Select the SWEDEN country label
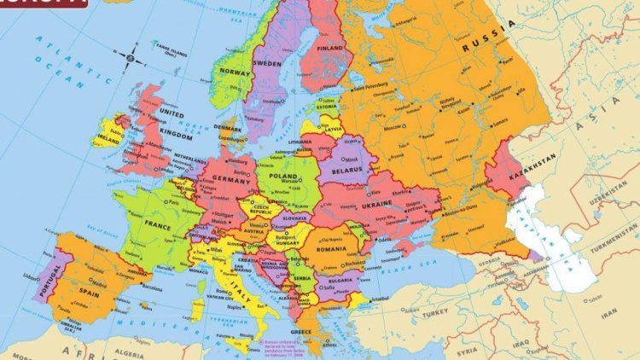point(269,64)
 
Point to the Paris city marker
point(169,202)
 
